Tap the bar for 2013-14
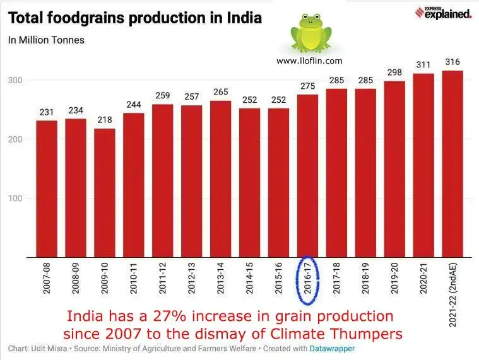(x=221, y=179)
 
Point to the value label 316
(x=453, y=62)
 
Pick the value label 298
(x=395, y=73)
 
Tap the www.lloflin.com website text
(x=309, y=61)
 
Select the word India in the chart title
(x=240, y=18)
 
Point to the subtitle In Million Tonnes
(x=46, y=40)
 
